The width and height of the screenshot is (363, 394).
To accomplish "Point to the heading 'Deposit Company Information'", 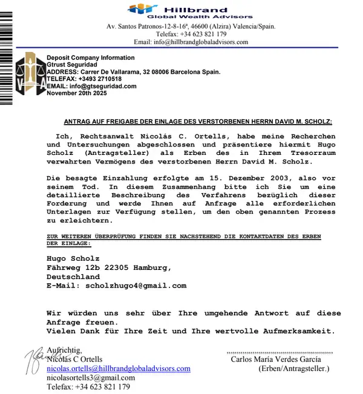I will click(x=91, y=58).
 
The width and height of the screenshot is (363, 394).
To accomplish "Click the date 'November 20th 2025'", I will click(x=76, y=93).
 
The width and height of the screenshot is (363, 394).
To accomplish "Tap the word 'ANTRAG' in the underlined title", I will click(x=78, y=122).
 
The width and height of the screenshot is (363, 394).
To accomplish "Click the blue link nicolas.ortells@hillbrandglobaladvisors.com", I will click(x=119, y=369).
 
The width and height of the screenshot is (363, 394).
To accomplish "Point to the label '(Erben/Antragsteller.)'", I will click(x=293, y=368).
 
